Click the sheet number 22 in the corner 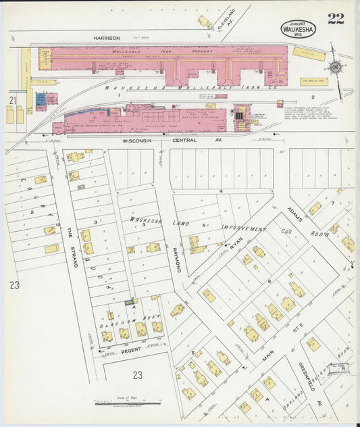pos(336,18)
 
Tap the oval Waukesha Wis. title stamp pos(297,28)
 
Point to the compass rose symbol pos(334,67)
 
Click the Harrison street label pos(107,38)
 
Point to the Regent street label pos(130,351)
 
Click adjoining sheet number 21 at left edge pos(11,100)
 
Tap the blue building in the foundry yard pos(41,99)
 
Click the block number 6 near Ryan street pos(269,280)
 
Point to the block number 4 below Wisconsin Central pos(221,191)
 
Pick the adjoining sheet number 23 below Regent pos(137,375)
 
